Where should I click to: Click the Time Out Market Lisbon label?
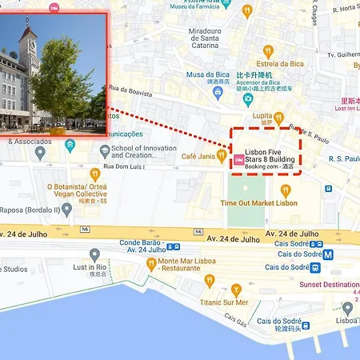(258, 203)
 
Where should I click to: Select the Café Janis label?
(199, 156)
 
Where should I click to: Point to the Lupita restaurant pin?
(278, 118)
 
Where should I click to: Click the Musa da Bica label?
(208, 74)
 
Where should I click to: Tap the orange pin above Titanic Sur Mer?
(236, 290)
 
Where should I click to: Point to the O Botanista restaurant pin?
(94, 173)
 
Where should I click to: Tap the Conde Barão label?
(142, 243)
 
